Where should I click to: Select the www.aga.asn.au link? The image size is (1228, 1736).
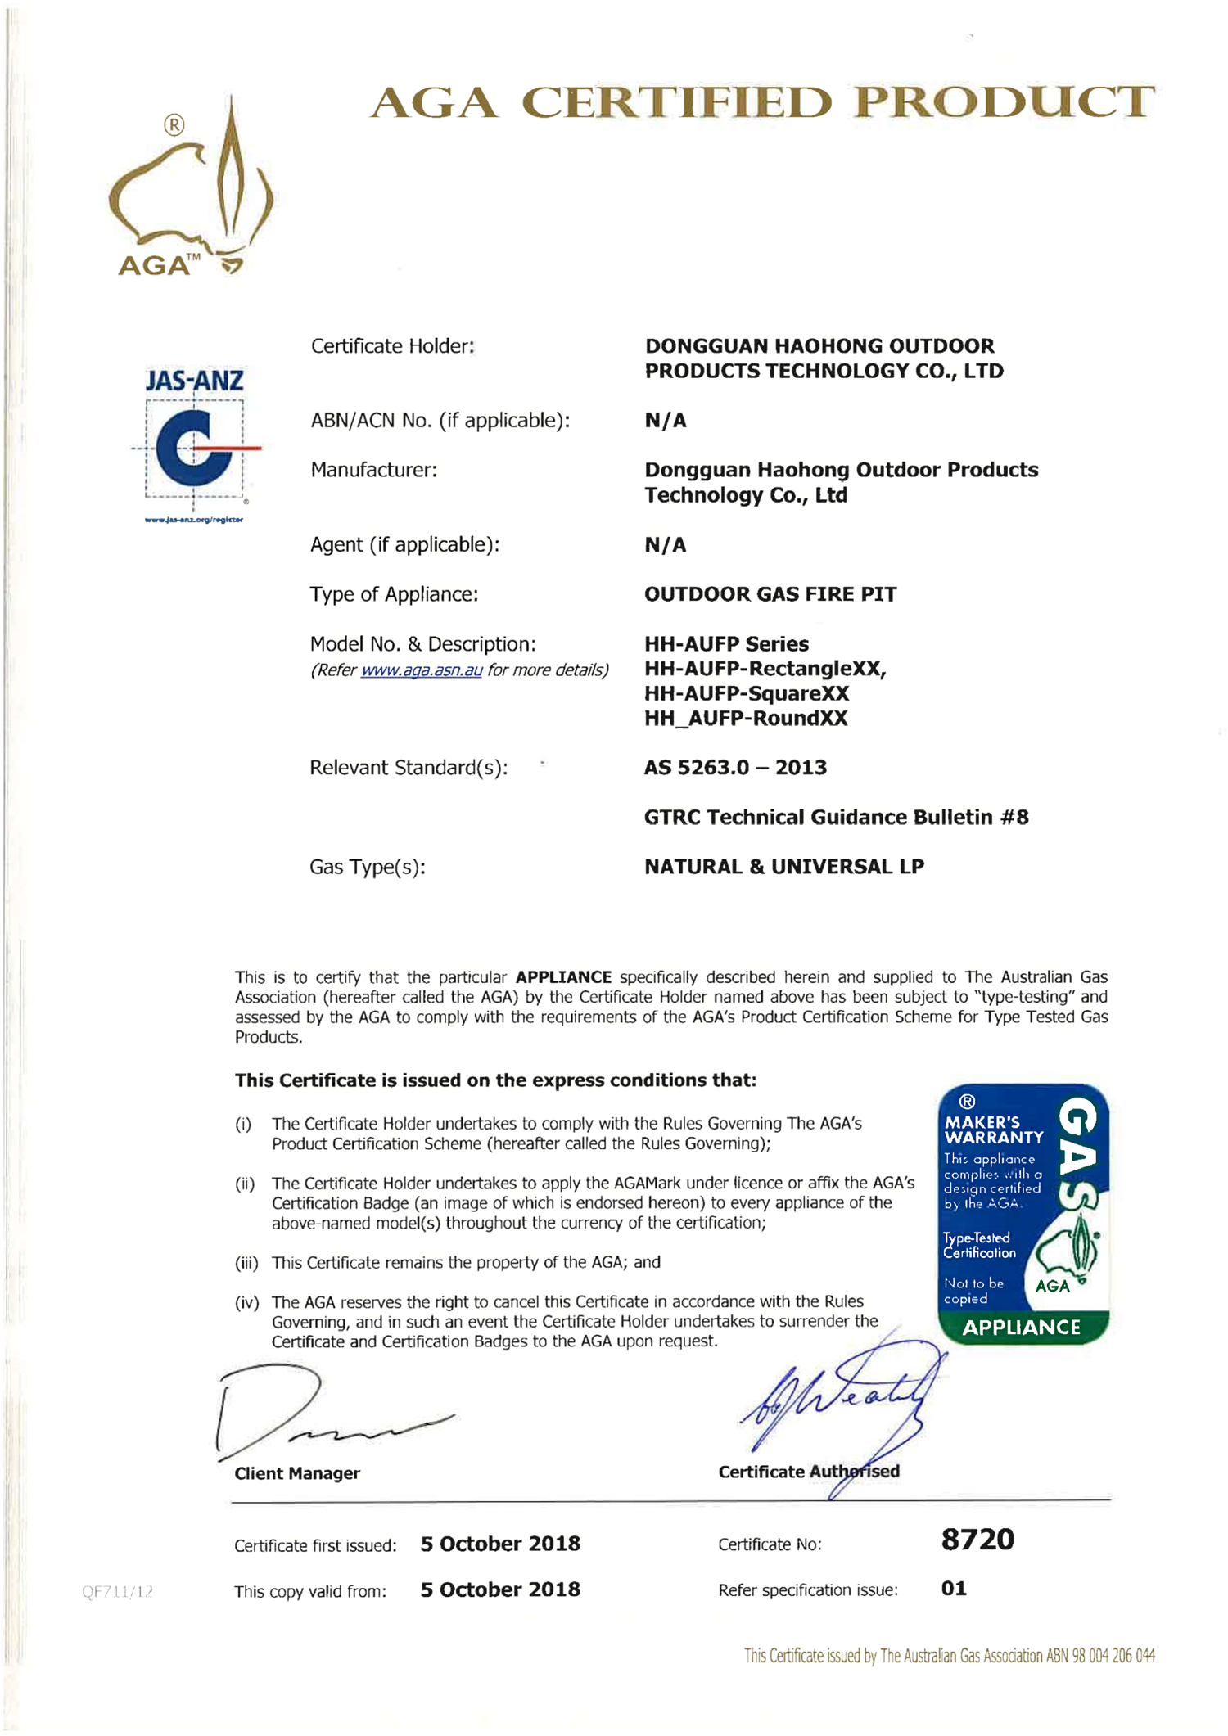(x=421, y=670)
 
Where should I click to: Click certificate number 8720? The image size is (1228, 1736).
(x=977, y=1540)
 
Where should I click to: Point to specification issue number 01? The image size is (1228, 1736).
(x=954, y=1589)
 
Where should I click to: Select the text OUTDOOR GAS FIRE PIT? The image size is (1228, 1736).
(x=770, y=594)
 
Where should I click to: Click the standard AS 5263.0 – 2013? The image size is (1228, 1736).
(x=734, y=768)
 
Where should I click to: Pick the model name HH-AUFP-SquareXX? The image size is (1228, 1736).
(x=746, y=694)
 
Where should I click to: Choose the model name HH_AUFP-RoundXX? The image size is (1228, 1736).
(x=745, y=719)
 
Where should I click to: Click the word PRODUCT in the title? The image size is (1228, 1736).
(x=1003, y=103)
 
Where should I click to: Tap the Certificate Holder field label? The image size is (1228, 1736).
(x=392, y=346)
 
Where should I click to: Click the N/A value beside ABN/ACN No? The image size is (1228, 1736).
(x=665, y=421)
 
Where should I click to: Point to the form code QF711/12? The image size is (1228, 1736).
(x=117, y=1592)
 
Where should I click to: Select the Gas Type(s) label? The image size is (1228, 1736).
(x=367, y=867)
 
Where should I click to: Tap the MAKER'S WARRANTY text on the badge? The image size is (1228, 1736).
(x=993, y=1130)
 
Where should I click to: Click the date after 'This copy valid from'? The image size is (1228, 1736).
(x=499, y=1589)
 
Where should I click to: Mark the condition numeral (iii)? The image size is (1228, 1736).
(x=246, y=1263)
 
